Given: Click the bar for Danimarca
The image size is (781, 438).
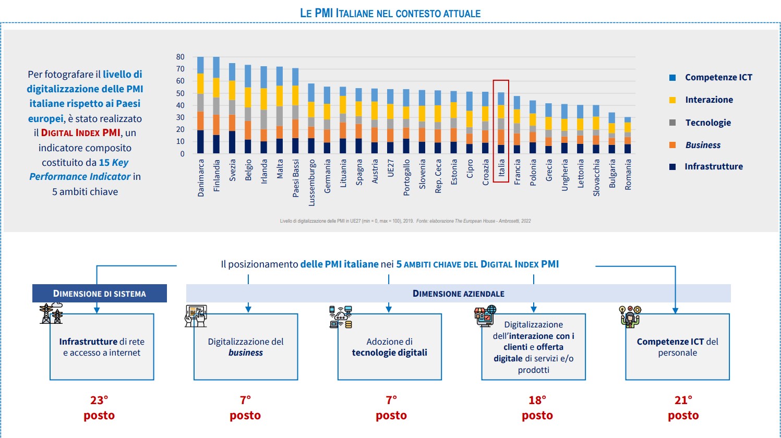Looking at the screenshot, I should (200, 104).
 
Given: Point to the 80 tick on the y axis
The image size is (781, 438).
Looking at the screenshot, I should (181, 57).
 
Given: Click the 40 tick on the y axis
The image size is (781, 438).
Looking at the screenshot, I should (181, 105).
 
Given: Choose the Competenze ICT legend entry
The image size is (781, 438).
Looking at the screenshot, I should (718, 77).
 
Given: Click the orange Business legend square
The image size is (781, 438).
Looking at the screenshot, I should (672, 145).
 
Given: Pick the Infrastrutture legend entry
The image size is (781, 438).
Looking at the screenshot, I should (713, 167).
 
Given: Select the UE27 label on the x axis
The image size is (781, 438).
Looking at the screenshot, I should (391, 168).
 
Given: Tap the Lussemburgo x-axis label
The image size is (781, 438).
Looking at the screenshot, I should (311, 182).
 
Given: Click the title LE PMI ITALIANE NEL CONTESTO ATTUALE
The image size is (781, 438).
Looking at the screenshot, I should (390, 13).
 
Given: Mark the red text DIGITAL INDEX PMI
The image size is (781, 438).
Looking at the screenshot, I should (80, 133).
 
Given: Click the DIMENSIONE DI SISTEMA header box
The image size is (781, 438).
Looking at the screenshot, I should (100, 294).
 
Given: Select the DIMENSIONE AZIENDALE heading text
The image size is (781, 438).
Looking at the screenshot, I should (458, 294).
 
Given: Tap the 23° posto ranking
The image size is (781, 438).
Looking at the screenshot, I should (99, 408).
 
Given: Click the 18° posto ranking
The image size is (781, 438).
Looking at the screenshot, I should (537, 408).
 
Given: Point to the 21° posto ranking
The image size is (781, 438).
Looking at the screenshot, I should (683, 408).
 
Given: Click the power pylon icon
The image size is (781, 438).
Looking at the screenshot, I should (51, 314).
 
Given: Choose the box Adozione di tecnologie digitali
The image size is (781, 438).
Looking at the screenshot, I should (389, 347).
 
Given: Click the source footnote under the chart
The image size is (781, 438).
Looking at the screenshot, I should (405, 221).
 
